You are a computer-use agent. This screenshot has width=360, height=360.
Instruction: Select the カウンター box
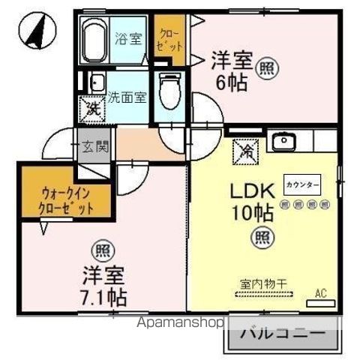tap(302, 184)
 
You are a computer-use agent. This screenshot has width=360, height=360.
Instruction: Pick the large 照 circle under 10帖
tap(262, 238)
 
